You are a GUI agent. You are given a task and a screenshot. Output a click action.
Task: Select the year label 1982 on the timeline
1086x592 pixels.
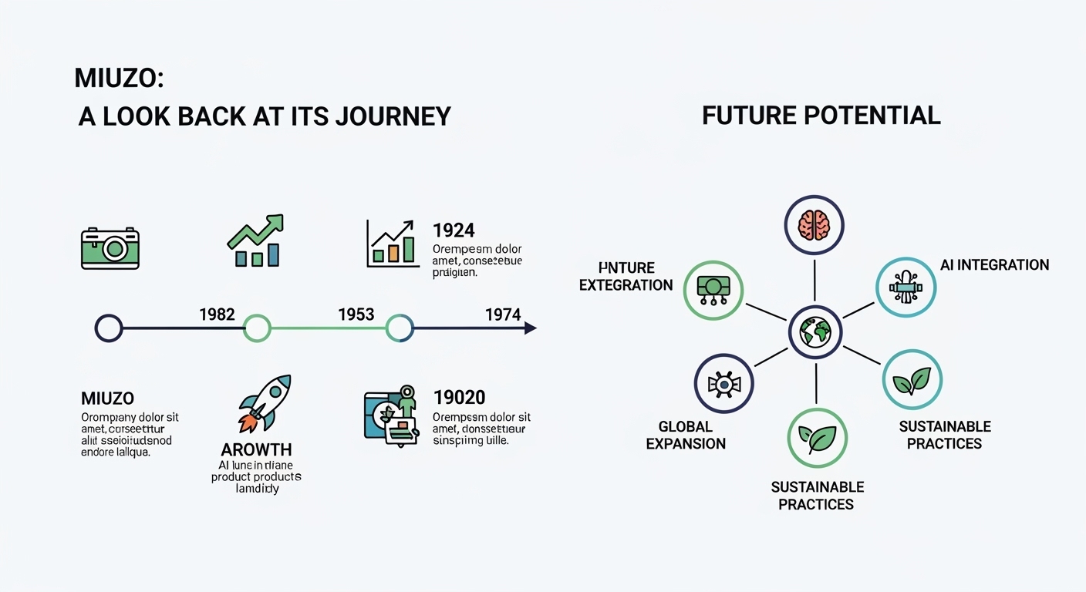(x=217, y=314)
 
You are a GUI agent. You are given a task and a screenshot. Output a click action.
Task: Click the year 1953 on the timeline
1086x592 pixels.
(x=356, y=314)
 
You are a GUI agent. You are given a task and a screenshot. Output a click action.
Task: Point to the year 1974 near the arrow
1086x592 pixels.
(x=503, y=314)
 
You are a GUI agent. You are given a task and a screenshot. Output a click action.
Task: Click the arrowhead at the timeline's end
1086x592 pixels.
(x=530, y=328)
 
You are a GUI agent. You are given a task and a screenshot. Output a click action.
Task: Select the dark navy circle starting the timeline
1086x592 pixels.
(x=109, y=328)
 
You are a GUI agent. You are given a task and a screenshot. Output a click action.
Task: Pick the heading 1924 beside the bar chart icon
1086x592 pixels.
(x=454, y=230)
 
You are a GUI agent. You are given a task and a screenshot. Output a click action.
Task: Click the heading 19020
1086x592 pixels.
(x=459, y=397)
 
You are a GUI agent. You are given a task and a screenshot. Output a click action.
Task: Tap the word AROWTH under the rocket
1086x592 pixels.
(x=256, y=449)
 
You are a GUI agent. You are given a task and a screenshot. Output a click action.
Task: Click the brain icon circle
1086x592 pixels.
(x=814, y=225)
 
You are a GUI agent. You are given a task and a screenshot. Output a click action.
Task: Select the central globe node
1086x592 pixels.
(x=815, y=332)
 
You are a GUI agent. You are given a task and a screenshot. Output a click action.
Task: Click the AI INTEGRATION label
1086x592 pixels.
(x=994, y=265)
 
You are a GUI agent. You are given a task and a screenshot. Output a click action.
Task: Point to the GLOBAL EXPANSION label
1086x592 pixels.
(x=686, y=435)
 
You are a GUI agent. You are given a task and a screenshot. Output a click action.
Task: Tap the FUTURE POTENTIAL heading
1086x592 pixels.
(x=821, y=116)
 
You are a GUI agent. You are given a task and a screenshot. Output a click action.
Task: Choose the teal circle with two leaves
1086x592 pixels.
(x=912, y=379)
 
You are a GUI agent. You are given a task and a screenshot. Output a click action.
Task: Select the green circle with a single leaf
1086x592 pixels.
(x=817, y=438)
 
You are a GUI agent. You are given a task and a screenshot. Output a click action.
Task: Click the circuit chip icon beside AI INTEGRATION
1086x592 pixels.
(x=906, y=288)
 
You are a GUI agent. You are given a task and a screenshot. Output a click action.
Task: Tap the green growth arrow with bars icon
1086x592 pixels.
(x=256, y=240)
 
